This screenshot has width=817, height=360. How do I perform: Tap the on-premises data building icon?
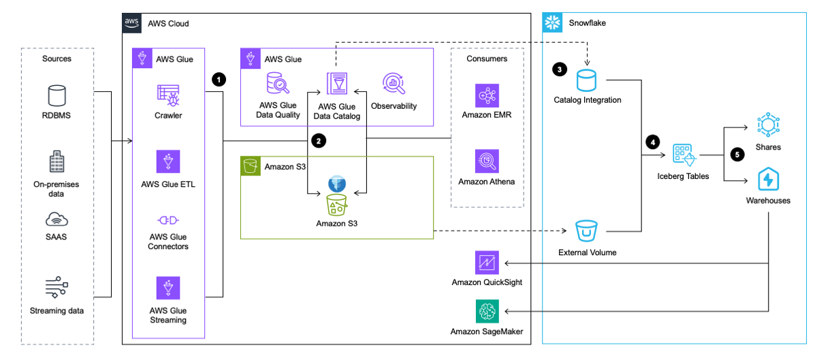[57, 162]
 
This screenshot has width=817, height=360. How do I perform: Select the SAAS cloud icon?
[57, 218]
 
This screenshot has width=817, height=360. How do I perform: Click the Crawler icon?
[167, 95]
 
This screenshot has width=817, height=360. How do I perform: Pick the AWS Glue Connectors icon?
[167, 220]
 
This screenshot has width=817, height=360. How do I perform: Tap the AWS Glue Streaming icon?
[167, 287]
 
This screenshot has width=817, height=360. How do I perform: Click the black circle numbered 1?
[218, 79]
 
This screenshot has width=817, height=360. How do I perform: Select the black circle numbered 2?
[317, 142]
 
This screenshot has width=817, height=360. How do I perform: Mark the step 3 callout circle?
[560, 69]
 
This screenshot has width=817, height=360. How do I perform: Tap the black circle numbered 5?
[735, 154]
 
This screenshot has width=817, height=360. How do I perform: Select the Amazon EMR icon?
[487, 95]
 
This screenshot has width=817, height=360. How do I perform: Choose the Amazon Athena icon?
[487, 161]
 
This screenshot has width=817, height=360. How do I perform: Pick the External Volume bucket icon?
[587, 231]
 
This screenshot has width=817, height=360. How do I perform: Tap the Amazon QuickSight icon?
[487, 262]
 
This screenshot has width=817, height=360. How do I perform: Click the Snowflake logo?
[552, 23]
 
